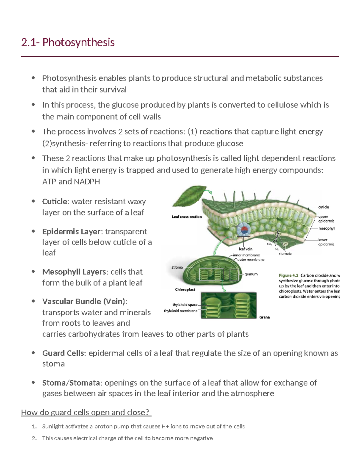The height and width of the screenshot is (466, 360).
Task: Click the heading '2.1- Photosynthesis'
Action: pos(68,42)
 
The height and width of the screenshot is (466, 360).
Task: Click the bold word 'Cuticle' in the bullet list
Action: pos(54,201)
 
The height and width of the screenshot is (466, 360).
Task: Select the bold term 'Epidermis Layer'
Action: pos(71,232)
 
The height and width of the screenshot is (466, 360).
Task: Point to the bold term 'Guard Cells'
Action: pos(63,353)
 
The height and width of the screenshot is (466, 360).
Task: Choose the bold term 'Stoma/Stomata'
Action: pos(71,383)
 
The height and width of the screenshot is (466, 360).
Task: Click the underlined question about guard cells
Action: pos(86,413)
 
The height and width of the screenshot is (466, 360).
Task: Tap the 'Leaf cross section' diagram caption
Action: pos(187,217)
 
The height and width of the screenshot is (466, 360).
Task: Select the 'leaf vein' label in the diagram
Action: pos(245,249)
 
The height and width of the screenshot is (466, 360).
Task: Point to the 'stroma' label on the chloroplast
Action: pos(177,267)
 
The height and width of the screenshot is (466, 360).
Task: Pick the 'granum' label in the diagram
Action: pos(251,274)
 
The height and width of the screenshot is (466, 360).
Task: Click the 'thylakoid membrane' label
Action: pos(181,311)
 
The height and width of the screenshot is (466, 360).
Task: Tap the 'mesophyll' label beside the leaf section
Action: pos(327,228)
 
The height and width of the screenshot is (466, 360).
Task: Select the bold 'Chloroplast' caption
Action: pos(185,290)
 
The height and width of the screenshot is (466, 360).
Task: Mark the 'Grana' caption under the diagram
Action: pos(264,317)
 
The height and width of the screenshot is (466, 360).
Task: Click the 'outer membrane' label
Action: pos(251,260)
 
